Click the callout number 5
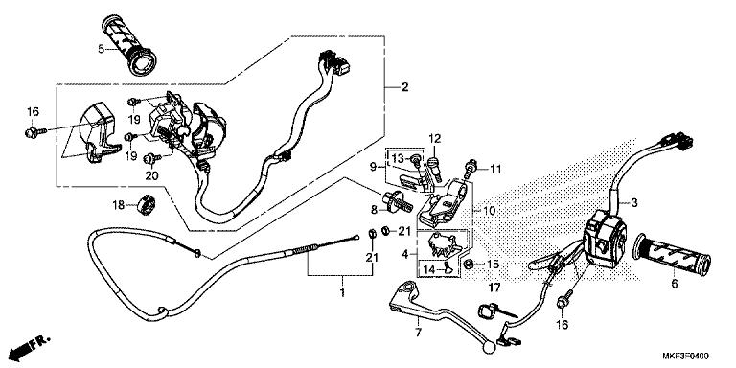pyautogui.click(x=101, y=48)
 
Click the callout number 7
pyautogui.click(x=417, y=333)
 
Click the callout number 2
pyautogui.click(x=405, y=87)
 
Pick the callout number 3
pyautogui.click(x=633, y=203)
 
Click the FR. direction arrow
pyautogui.click(x=31, y=342)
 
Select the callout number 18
pyautogui.click(x=118, y=205)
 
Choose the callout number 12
pyautogui.click(x=433, y=139)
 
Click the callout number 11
pyautogui.click(x=496, y=170)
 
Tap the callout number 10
pyautogui.click(x=488, y=211)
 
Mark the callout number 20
pyautogui.click(x=150, y=174)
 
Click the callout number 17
pyautogui.click(x=495, y=287)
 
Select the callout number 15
pyautogui.click(x=494, y=264)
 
